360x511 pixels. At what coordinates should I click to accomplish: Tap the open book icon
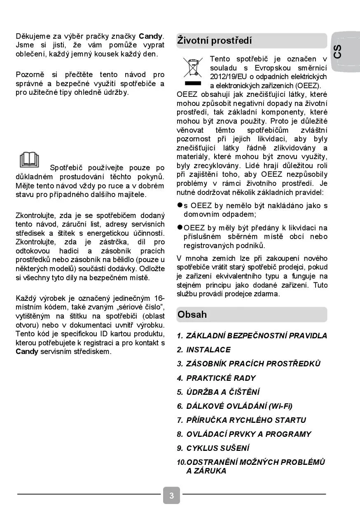point(29,160)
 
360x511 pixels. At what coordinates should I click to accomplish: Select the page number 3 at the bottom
point(171,495)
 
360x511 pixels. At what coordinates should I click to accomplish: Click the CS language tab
point(338,52)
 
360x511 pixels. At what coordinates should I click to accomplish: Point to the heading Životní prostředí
point(215,41)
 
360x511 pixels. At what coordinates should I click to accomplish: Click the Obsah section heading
point(192,314)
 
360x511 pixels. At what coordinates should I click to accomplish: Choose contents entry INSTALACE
point(208,350)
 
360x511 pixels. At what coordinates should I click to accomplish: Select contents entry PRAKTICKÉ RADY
point(221,378)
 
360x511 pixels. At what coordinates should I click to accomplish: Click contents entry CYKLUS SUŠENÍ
point(218,448)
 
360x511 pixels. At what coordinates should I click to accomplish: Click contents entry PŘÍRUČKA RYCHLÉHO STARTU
point(246,420)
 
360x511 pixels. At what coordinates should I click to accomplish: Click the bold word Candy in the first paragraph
point(151,36)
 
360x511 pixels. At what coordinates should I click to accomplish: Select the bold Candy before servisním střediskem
point(27,352)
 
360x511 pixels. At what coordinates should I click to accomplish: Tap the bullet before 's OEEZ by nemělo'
point(180,205)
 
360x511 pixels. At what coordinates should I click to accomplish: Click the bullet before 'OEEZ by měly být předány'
point(180,227)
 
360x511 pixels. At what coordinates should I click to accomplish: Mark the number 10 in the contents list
point(181,462)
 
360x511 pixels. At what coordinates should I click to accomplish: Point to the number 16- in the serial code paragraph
point(159,298)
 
